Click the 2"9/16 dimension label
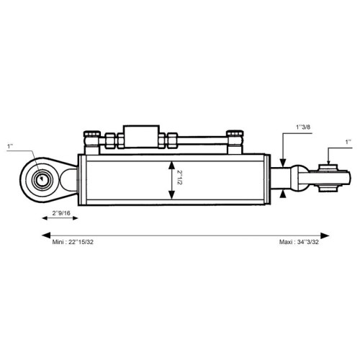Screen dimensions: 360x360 tap(61, 213)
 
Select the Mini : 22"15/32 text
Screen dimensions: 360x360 tap(73, 242)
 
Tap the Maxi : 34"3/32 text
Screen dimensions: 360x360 tap(299, 242)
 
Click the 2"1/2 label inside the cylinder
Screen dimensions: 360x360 tap(179, 178)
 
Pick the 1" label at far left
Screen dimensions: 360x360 tap(10, 146)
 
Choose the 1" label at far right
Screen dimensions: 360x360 tap(348, 142)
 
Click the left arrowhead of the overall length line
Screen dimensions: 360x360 tap(46, 235)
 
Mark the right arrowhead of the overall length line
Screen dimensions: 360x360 tap(325, 235)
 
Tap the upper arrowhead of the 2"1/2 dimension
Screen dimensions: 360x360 tap(171, 165)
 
